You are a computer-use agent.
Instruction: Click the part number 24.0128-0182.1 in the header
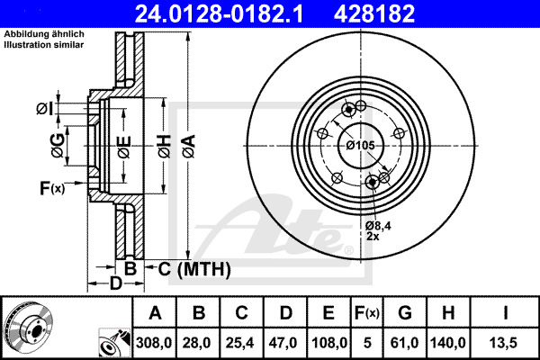click(219, 13)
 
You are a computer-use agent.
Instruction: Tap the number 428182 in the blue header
click(374, 13)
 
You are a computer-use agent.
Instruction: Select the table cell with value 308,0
click(154, 343)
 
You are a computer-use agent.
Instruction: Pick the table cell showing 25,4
click(241, 343)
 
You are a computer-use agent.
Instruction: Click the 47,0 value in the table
click(285, 343)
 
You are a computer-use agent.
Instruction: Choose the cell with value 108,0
click(328, 343)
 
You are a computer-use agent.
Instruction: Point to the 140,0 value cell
click(448, 343)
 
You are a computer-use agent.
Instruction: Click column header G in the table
click(405, 313)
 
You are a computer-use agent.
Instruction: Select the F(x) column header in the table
click(367, 313)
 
